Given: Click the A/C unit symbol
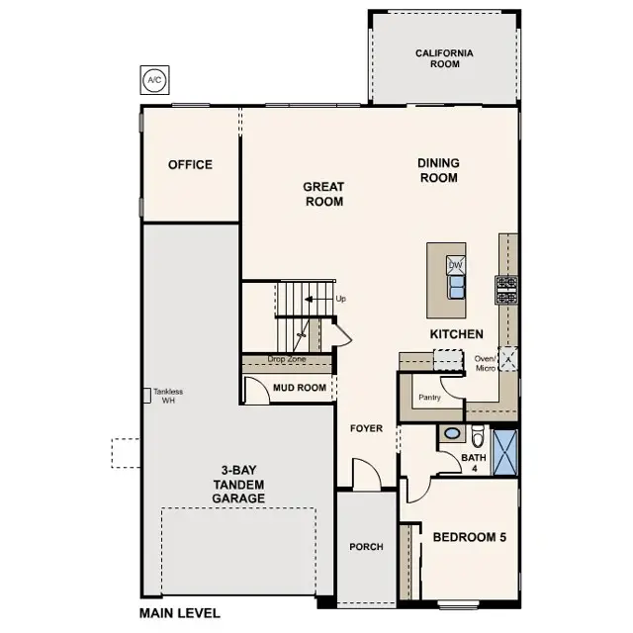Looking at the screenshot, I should [153, 79].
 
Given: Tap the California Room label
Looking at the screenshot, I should [444, 58].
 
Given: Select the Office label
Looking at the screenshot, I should [190, 165].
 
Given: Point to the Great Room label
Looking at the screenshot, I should [323, 194].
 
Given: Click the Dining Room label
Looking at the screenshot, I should [438, 170].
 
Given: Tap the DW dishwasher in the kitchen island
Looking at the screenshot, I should [456, 265].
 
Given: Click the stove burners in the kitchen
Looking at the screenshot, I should [506, 289].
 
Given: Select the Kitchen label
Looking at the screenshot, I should [456, 334].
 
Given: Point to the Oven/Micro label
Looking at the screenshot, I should [485, 363].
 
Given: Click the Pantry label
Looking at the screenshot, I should [429, 397].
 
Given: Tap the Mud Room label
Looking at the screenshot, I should [300, 388].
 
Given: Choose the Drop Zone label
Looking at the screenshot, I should [287, 360].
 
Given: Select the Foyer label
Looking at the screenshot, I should [366, 428].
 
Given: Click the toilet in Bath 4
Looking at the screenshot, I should [477, 435].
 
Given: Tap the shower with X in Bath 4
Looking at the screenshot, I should [505, 450].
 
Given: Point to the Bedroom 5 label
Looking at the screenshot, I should [469, 538].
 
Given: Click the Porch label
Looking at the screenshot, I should [366, 547].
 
